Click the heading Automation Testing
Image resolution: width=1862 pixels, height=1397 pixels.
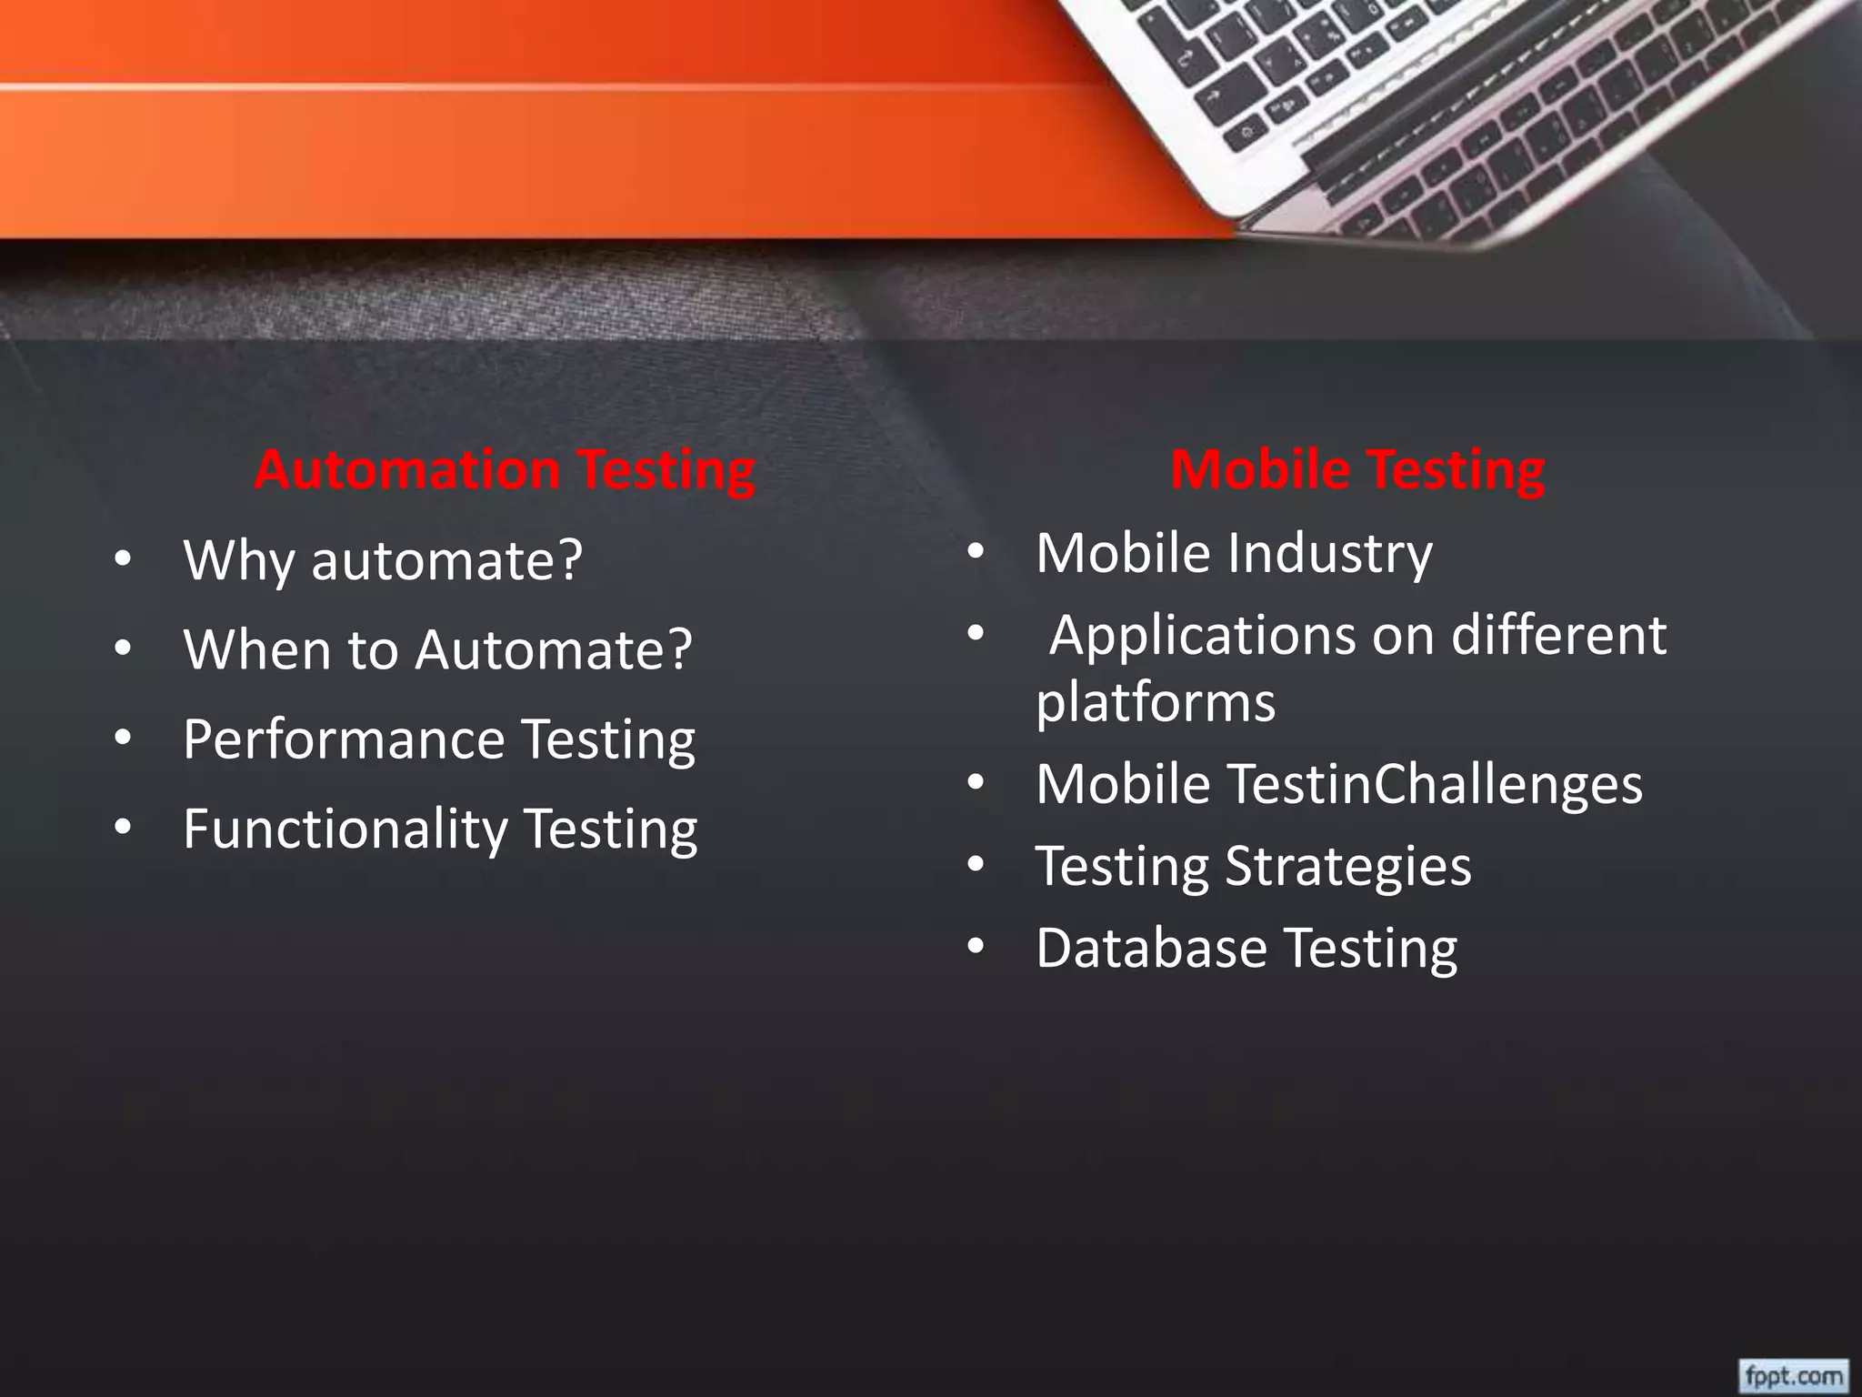(505, 470)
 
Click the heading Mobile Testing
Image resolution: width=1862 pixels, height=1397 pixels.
(1357, 470)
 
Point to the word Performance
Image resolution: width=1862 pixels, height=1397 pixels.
(344, 739)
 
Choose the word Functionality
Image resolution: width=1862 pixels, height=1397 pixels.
(345, 829)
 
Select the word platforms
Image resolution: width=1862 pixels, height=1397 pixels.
(1156, 703)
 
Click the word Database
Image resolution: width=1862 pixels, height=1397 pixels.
(1151, 948)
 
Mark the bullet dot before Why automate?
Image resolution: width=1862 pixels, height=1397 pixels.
(124, 560)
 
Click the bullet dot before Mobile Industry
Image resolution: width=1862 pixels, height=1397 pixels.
(976, 552)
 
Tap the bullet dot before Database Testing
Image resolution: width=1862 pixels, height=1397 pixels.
(976, 948)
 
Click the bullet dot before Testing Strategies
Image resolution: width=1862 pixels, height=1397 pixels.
(976, 866)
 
